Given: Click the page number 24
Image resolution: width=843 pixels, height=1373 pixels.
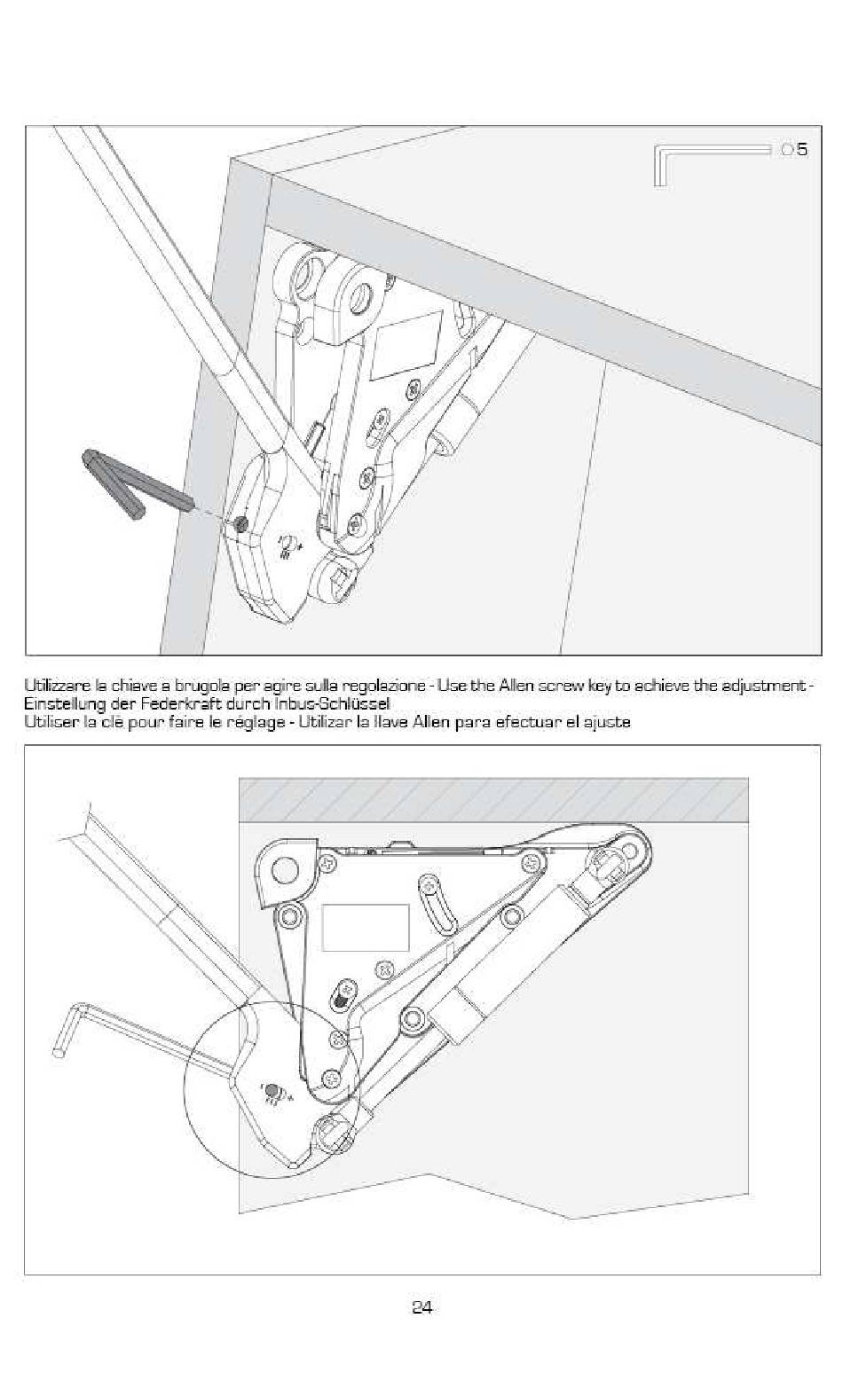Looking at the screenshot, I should pyautogui.click(x=421, y=1306).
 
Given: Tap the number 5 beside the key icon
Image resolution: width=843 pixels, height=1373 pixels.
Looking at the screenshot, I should pyautogui.click(x=802, y=149).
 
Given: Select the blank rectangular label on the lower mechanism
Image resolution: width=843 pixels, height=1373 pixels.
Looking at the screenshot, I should pyautogui.click(x=365, y=928).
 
